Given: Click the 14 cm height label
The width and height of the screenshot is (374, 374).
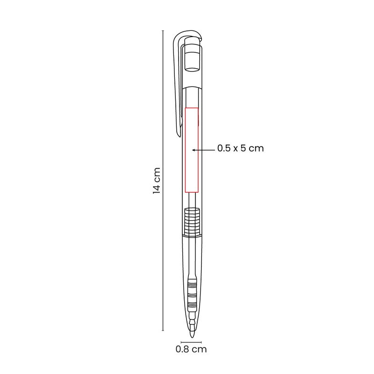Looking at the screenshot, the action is pyautogui.click(x=157, y=180).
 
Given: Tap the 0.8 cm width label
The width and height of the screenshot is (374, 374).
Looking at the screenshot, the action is pyautogui.click(x=191, y=349).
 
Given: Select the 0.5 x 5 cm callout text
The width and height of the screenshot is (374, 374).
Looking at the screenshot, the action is pyautogui.click(x=240, y=148).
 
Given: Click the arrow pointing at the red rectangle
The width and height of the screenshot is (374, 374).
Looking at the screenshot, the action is pyautogui.click(x=203, y=150).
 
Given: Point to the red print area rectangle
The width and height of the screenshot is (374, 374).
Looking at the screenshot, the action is pyautogui.click(x=192, y=150).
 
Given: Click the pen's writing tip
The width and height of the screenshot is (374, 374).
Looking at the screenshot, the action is pyautogui.click(x=192, y=334).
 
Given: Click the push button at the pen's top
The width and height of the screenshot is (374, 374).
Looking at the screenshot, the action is pyautogui.click(x=192, y=57).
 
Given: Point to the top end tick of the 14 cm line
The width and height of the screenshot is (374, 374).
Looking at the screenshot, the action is pyautogui.click(x=163, y=31).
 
